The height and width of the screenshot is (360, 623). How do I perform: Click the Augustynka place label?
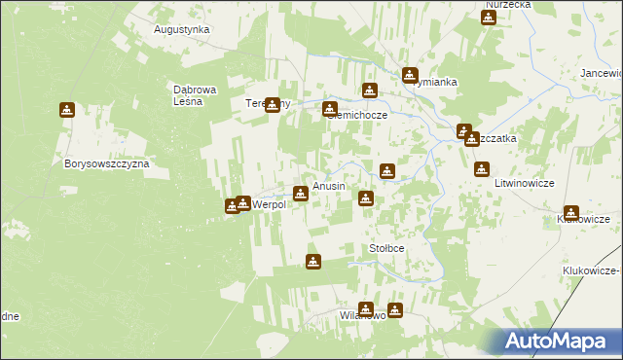(x=182, y=29)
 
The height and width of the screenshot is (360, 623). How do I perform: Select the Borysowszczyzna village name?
(x=106, y=164)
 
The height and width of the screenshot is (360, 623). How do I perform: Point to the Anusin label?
(x=329, y=186)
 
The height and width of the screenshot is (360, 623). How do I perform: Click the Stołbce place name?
(x=386, y=249)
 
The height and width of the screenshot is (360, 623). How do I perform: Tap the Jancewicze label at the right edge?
(x=601, y=73)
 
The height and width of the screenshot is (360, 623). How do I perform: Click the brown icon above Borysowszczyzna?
(x=67, y=110)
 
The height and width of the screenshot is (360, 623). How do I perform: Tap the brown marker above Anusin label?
(x=301, y=193)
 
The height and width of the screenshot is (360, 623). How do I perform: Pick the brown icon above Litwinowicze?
(x=481, y=169)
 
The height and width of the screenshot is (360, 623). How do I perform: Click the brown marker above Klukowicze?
(x=571, y=213)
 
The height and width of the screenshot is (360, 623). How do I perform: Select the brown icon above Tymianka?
(x=411, y=74)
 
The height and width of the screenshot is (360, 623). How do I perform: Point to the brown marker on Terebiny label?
(x=273, y=105)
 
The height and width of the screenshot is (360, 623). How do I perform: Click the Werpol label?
(x=270, y=204)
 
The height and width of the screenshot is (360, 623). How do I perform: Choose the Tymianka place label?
(x=435, y=83)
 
